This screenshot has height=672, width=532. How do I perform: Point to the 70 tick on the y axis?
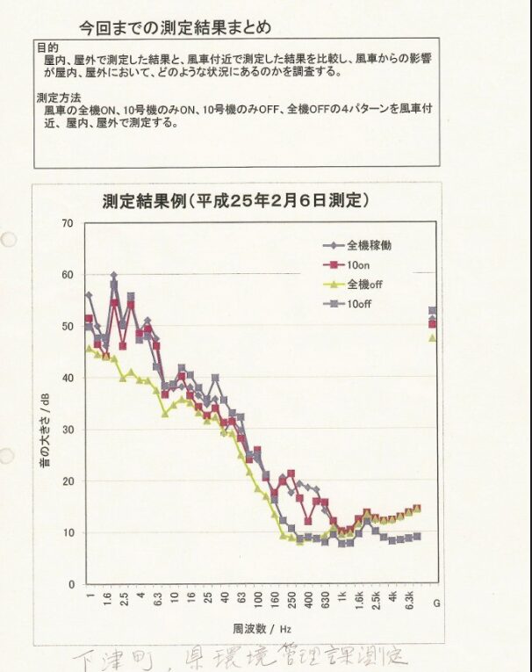pos(67,223)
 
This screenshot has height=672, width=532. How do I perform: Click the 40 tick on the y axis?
pos(67,378)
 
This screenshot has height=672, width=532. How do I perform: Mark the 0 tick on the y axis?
pos(69,584)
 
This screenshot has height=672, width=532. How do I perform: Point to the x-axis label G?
pos(436,603)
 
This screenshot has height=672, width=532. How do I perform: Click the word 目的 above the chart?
pos(47,47)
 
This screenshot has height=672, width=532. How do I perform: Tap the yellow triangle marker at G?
pos(432,336)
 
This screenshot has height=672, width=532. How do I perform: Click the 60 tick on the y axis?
pos(67,275)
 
